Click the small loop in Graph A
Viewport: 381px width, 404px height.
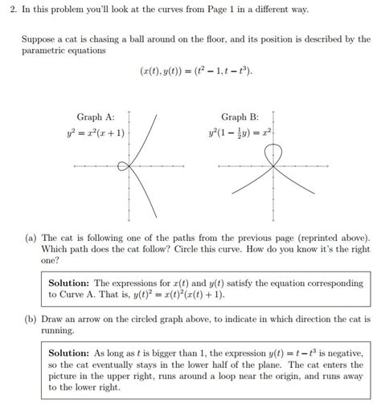(x=123, y=166)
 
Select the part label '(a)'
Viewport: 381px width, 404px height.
(x=31, y=239)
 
